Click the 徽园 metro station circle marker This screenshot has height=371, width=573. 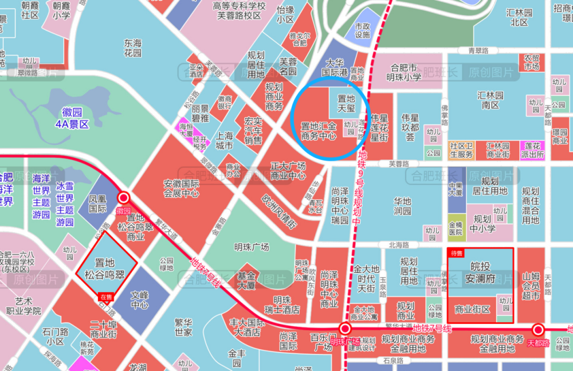tap(123, 198)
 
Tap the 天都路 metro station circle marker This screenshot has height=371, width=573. tap(537, 330)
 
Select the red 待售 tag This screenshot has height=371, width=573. tap(456, 253)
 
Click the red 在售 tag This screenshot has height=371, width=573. tap(106, 297)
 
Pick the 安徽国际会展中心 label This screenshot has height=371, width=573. tap(181, 189)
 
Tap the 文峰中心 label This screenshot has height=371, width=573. tap(139, 299)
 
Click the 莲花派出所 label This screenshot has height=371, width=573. tap(532, 150)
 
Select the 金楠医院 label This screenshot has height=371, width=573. tap(456, 229)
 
